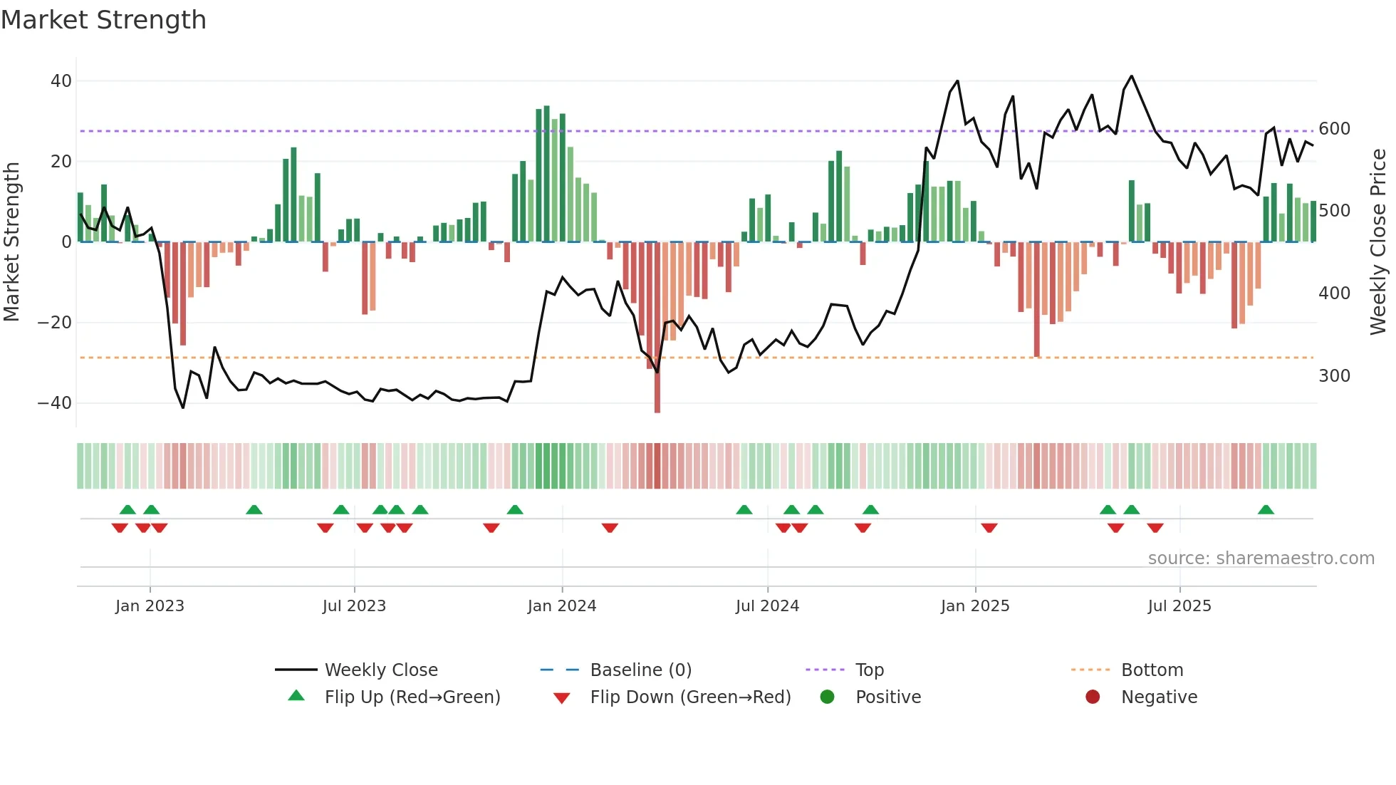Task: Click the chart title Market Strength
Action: tap(103, 20)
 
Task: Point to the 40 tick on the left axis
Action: tap(61, 81)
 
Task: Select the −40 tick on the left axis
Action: tap(55, 403)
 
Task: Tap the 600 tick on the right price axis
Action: tap(1334, 129)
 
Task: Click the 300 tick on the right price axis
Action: tap(1334, 376)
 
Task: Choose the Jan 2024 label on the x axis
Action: tap(562, 606)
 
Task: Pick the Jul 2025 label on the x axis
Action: tap(1179, 606)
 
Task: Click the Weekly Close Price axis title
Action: tap(1378, 242)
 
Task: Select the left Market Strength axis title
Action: tap(11, 242)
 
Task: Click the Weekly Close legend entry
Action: tap(381, 670)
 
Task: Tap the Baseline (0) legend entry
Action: tap(641, 670)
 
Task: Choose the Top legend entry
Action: tap(870, 670)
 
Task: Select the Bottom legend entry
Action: tap(1152, 670)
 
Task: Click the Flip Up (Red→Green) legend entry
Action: tap(412, 697)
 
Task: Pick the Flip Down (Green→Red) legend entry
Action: tap(690, 697)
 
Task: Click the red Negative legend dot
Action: tap(1093, 697)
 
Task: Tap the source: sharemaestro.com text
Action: tap(1261, 558)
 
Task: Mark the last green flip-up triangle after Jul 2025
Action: tap(1266, 510)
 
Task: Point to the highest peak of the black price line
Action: tap(1132, 76)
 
